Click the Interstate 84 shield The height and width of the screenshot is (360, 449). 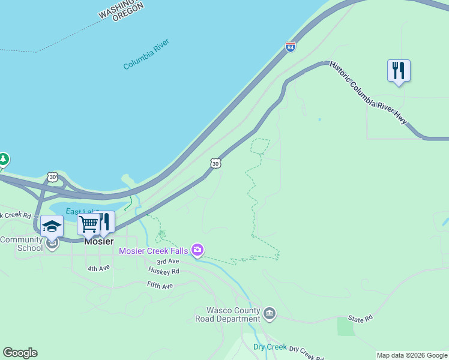click(291, 47)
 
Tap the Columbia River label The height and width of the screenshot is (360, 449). click(146, 55)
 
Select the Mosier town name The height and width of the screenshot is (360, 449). click(99, 241)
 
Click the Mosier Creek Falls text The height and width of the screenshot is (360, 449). click(154, 250)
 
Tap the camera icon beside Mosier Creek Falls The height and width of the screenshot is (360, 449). click(197, 250)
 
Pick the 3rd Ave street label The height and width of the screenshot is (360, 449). click(168, 262)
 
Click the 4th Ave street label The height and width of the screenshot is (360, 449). click(98, 269)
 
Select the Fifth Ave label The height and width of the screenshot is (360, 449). click(160, 286)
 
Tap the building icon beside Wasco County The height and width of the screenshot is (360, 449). click(270, 313)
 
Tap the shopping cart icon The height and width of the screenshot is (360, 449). click(88, 224)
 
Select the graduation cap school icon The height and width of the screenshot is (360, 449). click(52, 226)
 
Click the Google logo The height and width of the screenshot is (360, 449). click(20, 353)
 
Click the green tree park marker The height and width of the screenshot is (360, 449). click(4, 160)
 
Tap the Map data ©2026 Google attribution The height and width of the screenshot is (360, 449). click(412, 355)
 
